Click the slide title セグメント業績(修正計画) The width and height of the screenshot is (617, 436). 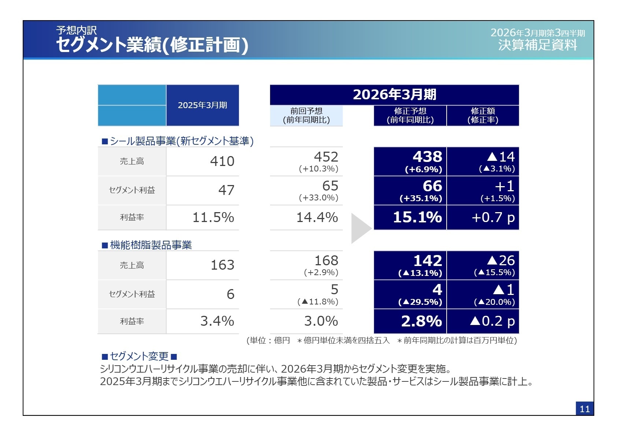click(152, 45)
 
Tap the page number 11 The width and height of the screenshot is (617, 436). click(584, 409)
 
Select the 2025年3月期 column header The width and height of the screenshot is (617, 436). click(202, 106)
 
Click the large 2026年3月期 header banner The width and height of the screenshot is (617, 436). click(394, 95)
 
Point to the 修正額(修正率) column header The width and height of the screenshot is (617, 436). click(483, 115)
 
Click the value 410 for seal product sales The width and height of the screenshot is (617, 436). click(222, 161)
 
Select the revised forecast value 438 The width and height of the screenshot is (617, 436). click(427, 157)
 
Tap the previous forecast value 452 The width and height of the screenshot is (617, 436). click(326, 157)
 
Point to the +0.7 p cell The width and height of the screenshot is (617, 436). click(493, 218)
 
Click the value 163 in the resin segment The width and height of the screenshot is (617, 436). click(222, 265)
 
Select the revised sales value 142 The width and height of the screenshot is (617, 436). click(427, 261)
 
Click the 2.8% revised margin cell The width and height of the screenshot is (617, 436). click(421, 321)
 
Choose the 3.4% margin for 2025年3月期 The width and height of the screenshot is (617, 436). click(217, 321)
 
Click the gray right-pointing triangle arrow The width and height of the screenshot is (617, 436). click(360, 228)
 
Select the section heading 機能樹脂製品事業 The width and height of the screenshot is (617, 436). click(151, 245)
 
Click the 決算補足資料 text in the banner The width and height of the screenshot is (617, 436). click(537, 45)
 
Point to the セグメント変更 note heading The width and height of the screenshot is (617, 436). click(139, 356)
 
